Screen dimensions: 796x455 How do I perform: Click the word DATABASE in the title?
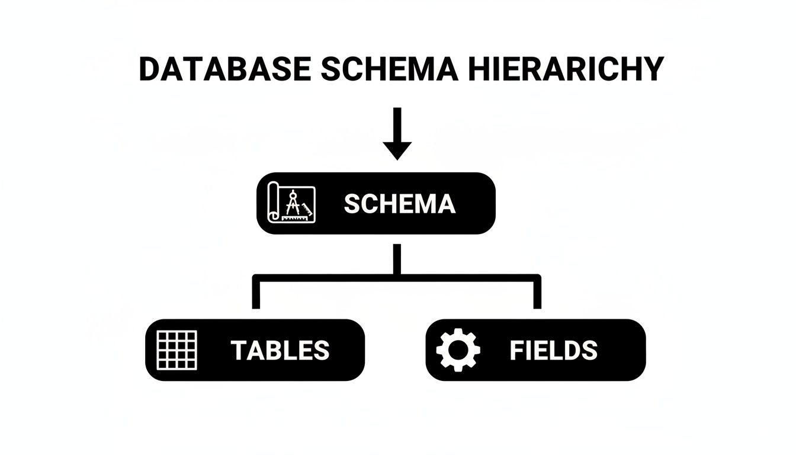(225, 69)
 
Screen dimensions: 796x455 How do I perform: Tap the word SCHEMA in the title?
(390, 69)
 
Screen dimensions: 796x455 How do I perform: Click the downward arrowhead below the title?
(397, 151)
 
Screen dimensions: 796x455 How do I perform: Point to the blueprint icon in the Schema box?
(291, 202)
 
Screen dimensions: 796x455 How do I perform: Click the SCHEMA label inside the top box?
(400, 204)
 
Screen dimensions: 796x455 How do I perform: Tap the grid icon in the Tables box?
(176, 350)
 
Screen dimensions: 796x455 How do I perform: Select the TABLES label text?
(280, 350)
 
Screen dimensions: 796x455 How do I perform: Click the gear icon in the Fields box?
(458, 350)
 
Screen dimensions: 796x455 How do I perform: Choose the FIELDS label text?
(554, 350)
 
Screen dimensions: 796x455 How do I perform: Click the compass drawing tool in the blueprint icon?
(293, 203)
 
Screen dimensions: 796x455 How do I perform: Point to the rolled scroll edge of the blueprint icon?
(273, 202)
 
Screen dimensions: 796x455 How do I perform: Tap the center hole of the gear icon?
(458, 350)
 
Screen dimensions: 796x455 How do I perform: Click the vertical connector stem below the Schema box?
(397, 259)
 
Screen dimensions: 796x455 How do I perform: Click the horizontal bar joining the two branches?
(397, 278)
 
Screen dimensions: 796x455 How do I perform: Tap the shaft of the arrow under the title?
(397, 125)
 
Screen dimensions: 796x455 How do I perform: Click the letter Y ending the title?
(653, 69)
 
